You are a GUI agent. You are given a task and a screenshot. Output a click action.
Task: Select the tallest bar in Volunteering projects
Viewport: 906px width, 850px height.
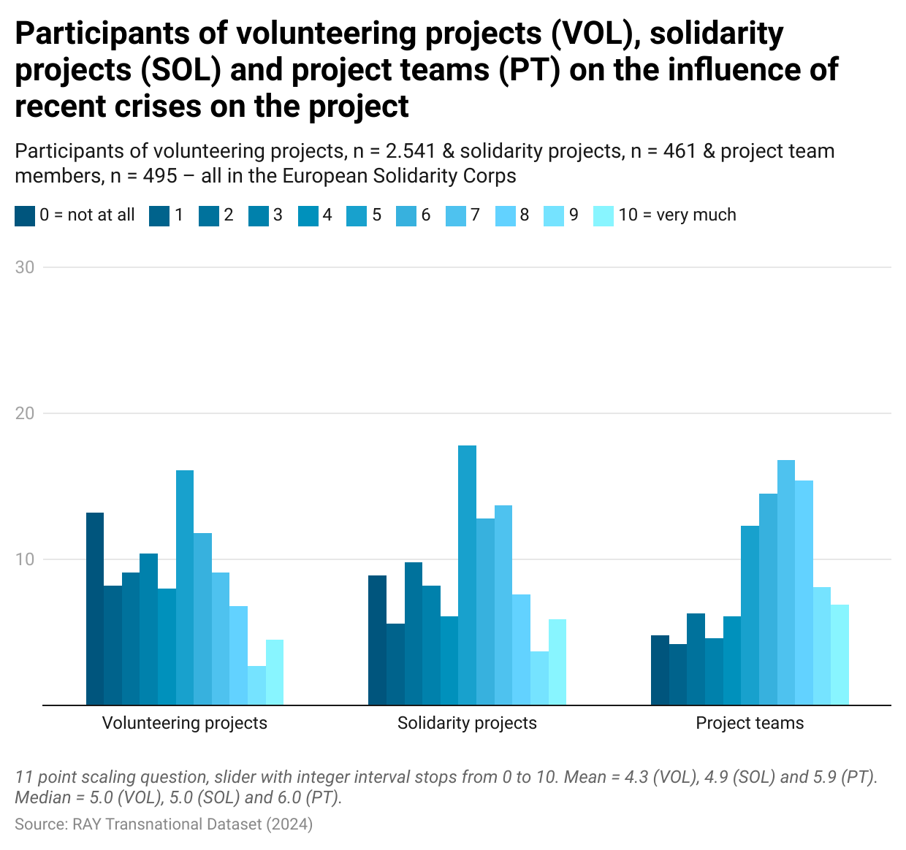click(x=185, y=588)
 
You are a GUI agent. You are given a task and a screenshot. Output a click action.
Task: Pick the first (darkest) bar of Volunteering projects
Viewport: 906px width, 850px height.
click(x=95, y=609)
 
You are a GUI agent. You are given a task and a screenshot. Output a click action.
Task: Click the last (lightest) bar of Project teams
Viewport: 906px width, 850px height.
click(x=840, y=655)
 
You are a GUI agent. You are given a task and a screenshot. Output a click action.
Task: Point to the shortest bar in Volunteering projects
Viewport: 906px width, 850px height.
click(x=256, y=686)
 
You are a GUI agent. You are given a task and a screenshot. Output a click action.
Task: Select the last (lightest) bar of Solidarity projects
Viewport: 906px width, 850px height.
click(x=557, y=662)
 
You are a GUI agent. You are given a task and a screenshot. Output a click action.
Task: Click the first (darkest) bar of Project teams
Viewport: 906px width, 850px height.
click(x=660, y=670)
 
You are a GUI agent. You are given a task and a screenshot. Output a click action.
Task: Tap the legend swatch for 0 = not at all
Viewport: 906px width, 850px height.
click(x=25, y=215)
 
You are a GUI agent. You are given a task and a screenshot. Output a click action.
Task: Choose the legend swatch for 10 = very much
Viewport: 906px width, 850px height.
click(x=604, y=215)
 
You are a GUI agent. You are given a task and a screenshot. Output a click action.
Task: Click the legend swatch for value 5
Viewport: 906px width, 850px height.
click(x=358, y=215)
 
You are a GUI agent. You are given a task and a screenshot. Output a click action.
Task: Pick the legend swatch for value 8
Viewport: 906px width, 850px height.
click(x=505, y=215)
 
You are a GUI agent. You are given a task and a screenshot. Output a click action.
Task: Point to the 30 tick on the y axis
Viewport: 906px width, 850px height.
click(x=25, y=267)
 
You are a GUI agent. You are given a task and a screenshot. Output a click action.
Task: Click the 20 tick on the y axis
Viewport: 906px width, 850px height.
click(x=25, y=413)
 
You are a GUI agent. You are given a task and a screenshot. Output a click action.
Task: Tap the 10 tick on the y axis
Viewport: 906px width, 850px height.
click(x=25, y=559)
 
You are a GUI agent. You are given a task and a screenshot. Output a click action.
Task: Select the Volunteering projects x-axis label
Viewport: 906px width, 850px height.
click(x=185, y=724)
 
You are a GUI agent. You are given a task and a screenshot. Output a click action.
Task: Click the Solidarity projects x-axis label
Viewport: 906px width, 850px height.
click(x=467, y=724)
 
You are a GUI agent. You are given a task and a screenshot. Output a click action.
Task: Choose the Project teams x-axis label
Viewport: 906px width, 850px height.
click(x=750, y=724)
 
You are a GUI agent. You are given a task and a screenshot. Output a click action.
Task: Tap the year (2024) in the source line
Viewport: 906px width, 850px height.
click(x=289, y=824)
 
